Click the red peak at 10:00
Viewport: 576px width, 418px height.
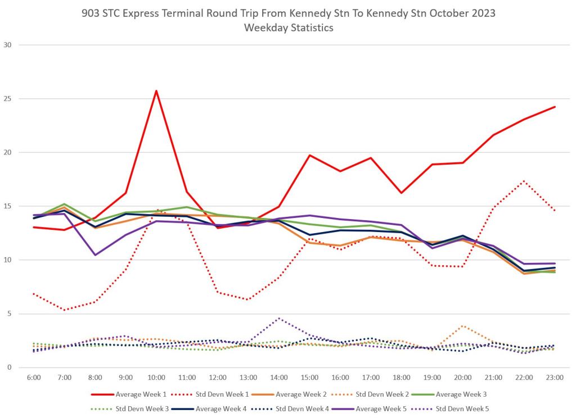[x=156, y=90]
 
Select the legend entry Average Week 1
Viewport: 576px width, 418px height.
[x=141, y=393]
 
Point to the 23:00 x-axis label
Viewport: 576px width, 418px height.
[x=554, y=378]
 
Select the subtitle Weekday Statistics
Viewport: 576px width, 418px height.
[x=288, y=28]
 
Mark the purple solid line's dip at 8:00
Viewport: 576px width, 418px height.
[x=95, y=255]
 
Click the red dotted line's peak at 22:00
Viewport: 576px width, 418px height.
[x=524, y=181]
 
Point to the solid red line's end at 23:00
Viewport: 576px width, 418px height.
[x=555, y=107]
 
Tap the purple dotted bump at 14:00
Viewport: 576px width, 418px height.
[x=279, y=318]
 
